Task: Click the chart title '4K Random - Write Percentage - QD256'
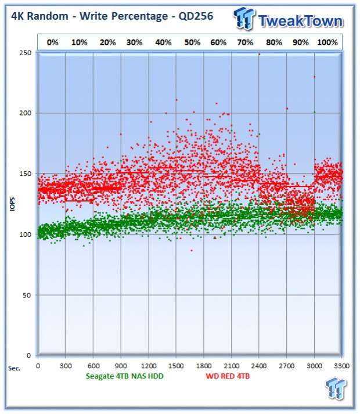click(x=112, y=16)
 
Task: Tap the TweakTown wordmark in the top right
click(x=301, y=21)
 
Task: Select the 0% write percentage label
click(x=53, y=42)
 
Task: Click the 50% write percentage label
click(x=192, y=42)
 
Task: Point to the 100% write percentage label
click(x=327, y=42)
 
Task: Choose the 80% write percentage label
click(x=274, y=42)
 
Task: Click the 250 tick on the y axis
click(x=25, y=53)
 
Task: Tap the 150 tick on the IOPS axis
click(x=25, y=174)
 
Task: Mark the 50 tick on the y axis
click(x=27, y=295)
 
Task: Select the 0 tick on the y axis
click(x=29, y=356)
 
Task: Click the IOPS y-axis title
click(x=12, y=204)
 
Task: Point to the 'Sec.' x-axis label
click(x=15, y=369)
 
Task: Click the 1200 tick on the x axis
click(x=149, y=366)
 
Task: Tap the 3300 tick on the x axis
click(x=341, y=366)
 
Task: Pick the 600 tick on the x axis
click(x=93, y=366)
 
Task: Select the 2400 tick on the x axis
click(x=258, y=366)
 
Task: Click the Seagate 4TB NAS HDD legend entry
click(x=125, y=376)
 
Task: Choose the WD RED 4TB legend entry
click(x=228, y=376)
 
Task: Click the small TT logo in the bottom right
click(x=336, y=388)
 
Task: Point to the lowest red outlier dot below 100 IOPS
click(x=192, y=250)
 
